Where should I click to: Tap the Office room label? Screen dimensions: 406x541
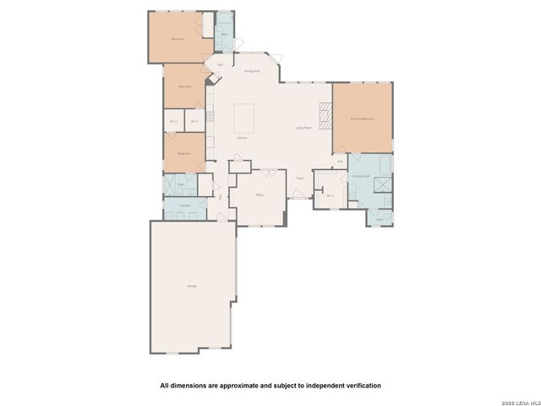click(260, 195)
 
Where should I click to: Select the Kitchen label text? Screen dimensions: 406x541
click(242, 137)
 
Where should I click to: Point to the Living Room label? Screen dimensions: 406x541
click(304, 128)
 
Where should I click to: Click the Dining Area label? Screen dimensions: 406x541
click(252, 72)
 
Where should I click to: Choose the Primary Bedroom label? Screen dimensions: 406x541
click(362, 119)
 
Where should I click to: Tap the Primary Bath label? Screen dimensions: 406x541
click(362, 176)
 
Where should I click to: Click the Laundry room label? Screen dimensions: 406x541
click(183, 205)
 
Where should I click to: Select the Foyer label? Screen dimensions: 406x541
click(299, 178)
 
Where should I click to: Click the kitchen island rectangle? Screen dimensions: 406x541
click(244, 113)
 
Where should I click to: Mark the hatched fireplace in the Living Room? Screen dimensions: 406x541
click(325, 112)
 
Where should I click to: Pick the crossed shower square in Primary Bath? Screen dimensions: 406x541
click(382, 183)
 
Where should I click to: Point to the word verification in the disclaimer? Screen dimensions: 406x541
click(358, 385)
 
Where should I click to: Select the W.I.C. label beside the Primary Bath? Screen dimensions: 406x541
click(330, 195)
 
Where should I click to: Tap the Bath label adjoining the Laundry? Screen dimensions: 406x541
click(180, 183)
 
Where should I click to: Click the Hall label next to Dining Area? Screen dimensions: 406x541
click(220, 64)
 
